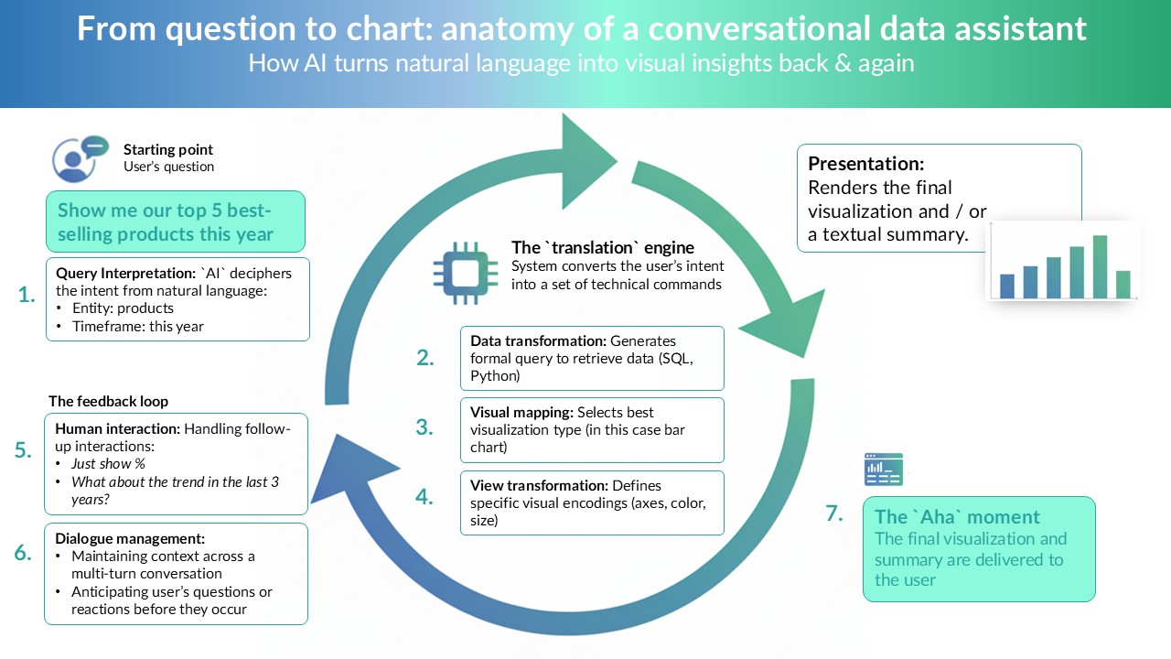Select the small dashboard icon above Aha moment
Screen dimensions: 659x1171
(x=883, y=469)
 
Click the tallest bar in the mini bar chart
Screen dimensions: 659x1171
(x=1100, y=266)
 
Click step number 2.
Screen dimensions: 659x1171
(x=424, y=358)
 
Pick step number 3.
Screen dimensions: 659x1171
(x=424, y=427)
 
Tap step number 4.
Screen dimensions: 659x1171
(x=424, y=497)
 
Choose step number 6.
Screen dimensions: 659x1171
(x=24, y=553)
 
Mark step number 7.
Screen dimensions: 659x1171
(x=833, y=513)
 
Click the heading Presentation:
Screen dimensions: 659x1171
(x=865, y=164)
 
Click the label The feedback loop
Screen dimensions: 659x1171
(x=108, y=401)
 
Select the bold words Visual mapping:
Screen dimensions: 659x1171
(x=521, y=412)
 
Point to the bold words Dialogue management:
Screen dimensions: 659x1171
(x=130, y=538)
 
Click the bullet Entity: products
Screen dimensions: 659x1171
(x=122, y=308)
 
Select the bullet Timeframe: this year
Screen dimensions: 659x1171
(x=137, y=326)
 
